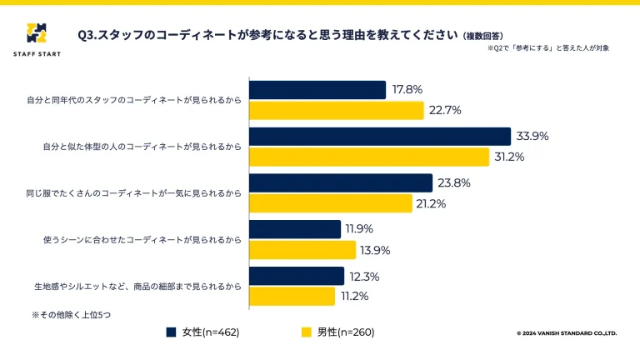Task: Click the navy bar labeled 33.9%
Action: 380,137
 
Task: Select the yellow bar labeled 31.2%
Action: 369,157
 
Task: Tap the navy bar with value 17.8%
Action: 317,90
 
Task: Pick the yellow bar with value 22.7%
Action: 337,110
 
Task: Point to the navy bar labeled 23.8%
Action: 341,183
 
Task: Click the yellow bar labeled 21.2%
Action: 331,203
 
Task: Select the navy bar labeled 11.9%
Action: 295,229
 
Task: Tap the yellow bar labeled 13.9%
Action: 302,250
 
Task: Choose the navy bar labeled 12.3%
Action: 297,276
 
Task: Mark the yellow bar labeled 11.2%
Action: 292,296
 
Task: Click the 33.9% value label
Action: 532,137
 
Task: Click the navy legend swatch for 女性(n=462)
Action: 171,332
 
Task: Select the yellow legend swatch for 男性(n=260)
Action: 307,332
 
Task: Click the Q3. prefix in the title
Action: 87,36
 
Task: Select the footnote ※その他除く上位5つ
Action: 71,315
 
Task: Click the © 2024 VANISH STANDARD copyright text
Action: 567,332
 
